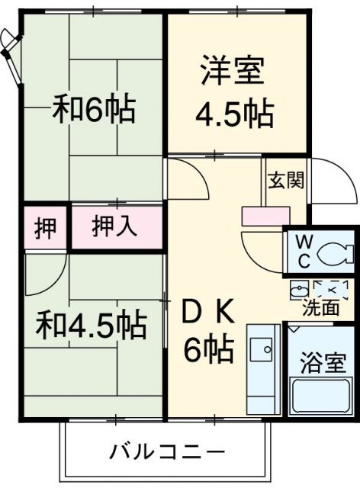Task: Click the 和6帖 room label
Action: coord(93,109)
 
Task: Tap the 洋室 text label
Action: coord(233,72)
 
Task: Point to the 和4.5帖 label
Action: coord(92,326)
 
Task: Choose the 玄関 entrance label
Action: coord(285,181)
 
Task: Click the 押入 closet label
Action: coord(116,226)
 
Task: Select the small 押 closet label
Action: coord(47,227)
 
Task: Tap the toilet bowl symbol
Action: coord(335,252)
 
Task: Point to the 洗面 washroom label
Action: coord(320,309)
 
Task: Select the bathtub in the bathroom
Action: coord(321,393)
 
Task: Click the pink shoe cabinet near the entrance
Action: coord(262,216)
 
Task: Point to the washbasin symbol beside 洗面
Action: coord(301,290)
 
